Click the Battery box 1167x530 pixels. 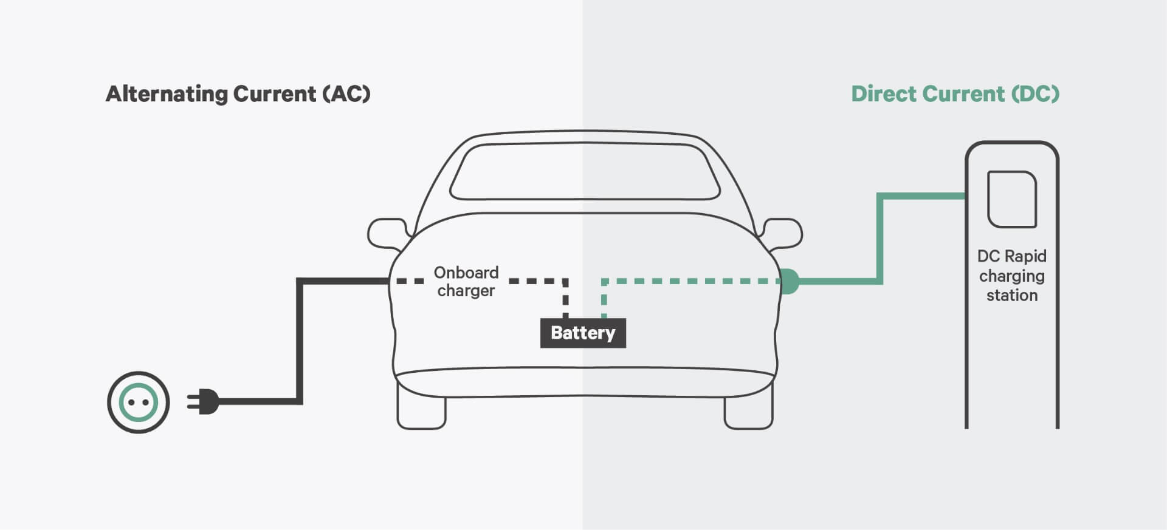(583, 333)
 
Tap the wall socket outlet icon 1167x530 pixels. (139, 402)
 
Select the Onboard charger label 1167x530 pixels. (466, 281)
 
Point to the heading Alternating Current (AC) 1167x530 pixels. (238, 94)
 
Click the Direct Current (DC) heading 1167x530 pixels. (955, 94)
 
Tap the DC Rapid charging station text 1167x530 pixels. (1011, 276)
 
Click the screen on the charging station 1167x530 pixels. (1012, 199)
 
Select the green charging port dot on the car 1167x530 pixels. (788, 281)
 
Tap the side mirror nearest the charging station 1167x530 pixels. (783, 234)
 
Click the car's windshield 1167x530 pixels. (584, 171)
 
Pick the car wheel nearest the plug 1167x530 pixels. (421, 410)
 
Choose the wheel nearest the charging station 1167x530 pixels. (748, 410)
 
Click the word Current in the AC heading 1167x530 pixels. (275, 94)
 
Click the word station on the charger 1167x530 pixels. (1011, 296)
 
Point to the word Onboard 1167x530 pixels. (466, 272)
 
